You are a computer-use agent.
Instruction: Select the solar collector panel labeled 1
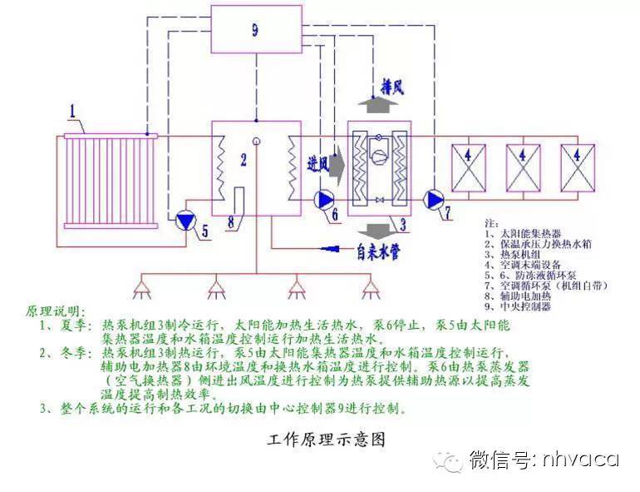[x=109, y=178]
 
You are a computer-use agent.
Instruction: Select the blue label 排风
[x=392, y=87]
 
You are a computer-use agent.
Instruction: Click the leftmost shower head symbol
[x=141, y=291]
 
